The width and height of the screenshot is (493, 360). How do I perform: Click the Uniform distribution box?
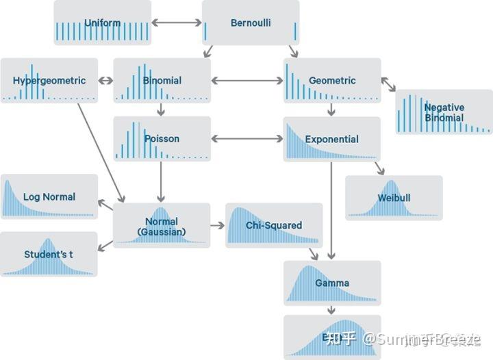pos(102,23)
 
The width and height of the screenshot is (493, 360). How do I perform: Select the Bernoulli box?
pos(251,23)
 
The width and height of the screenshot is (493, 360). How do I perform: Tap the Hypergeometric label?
pos(49,81)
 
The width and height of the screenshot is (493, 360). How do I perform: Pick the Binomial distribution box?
pos(162,81)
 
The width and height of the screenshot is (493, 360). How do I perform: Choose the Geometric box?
pos(332,81)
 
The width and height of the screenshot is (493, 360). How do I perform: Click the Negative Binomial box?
pos(444,112)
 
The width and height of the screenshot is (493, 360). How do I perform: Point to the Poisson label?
pos(162,139)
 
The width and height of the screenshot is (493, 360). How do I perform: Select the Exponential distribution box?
pos(332,139)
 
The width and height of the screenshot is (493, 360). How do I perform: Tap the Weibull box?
pos(394,198)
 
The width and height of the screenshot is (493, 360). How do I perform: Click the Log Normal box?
pos(49,197)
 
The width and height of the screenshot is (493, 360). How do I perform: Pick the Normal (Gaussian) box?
pos(162,227)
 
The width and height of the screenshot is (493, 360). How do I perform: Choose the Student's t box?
pos(49,255)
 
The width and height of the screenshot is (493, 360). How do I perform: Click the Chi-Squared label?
pos(274,225)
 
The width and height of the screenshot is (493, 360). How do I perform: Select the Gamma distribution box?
pos(332,283)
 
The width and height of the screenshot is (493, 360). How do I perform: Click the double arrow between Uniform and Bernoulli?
pos(177,23)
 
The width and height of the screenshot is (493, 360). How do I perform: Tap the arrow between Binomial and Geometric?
pos(247,81)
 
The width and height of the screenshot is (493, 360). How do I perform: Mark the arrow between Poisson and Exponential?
pos(247,139)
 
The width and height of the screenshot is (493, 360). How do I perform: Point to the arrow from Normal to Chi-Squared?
pos(218,225)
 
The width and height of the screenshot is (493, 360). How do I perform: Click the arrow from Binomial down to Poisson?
pos(161,110)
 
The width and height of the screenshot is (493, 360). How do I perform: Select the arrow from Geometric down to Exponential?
pos(331,110)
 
